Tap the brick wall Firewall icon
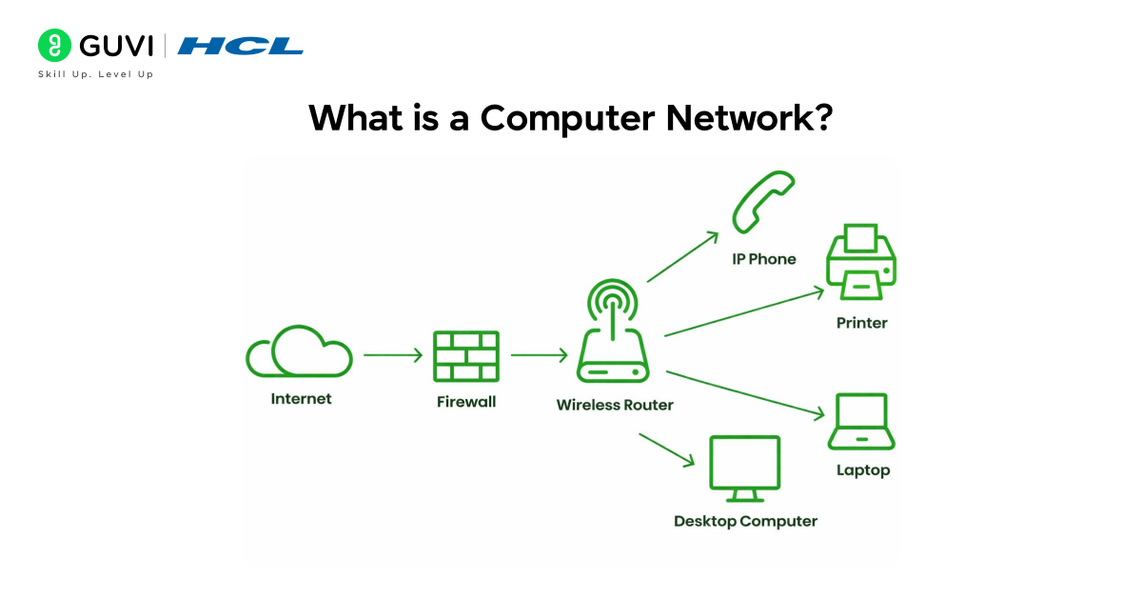pos(466,356)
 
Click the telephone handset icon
pos(762,201)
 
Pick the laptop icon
pos(861,421)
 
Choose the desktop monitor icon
pos(744,468)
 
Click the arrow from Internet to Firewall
pos(392,355)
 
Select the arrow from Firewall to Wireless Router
pos(539,355)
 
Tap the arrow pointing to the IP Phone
pos(681,256)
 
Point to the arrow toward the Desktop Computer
pos(666,450)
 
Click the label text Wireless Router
pos(615,405)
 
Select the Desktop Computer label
pos(745,521)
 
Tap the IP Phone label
pos(763,259)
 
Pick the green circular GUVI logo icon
pos(54,45)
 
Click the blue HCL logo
pos(241,46)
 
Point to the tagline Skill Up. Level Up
pos(95,74)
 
